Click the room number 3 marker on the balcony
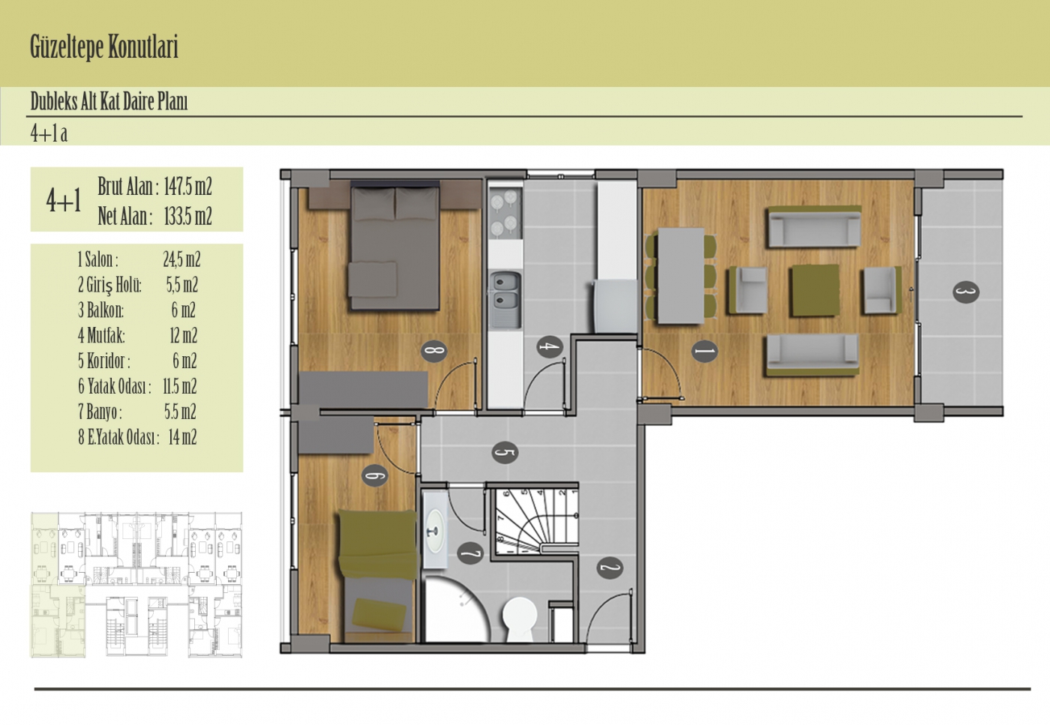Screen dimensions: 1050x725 coord(966,292)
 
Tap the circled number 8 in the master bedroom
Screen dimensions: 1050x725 coord(433,351)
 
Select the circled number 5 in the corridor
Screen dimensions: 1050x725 coord(505,452)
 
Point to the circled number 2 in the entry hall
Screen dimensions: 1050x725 coord(610,568)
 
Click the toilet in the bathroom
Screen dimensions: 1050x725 coord(520,619)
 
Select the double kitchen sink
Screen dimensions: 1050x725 coord(505,299)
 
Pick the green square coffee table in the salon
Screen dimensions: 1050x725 coord(814,290)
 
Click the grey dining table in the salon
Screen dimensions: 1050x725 coord(681,276)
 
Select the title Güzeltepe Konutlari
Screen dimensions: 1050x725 coord(104,47)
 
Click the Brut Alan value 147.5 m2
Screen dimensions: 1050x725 coord(188,187)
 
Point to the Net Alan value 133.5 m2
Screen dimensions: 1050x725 coord(188,216)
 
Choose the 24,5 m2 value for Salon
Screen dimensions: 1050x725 coord(181,259)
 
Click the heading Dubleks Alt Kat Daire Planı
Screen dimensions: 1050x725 coord(109,101)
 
